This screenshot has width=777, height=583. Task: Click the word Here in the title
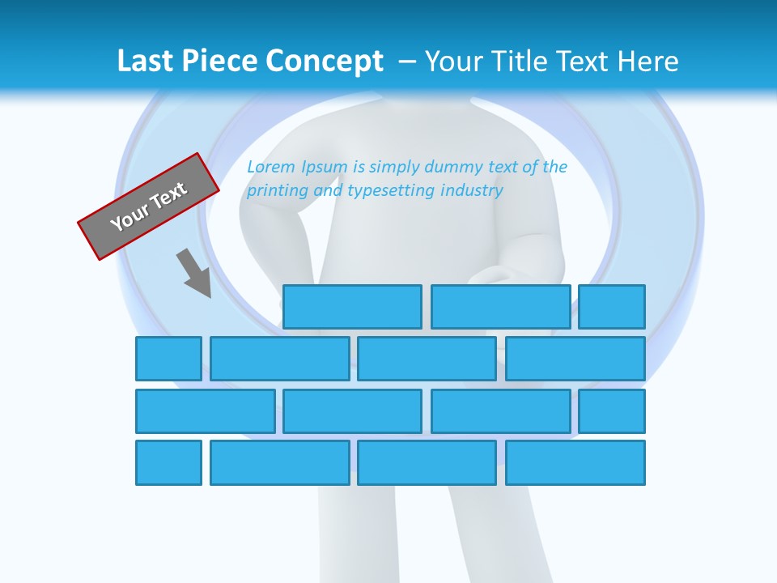pyautogui.click(x=647, y=62)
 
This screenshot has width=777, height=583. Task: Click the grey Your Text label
pyautogui.click(x=149, y=206)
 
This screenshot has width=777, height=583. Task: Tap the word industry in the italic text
pyautogui.click(x=472, y=190)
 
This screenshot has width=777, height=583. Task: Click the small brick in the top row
pyautogui.click(x=612, y=307)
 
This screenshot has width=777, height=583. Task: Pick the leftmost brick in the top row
pyautogui.click(x=352, y=307)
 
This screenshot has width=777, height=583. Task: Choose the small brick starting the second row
pyautogui.click(x=168, y=359)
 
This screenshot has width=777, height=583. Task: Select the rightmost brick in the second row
pyautogui.click(x=575, y=359)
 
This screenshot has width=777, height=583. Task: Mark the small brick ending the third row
pyautogui.click(x=612, y=411)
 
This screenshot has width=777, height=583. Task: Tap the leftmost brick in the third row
pyautogui.click(x=206, y=411)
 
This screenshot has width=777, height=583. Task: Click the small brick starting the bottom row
pyautogui.click(x=168, y=463)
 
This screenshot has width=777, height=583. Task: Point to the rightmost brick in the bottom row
pyautogui.click(x=575, y=463)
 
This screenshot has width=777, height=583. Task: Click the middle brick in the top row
pyautogui.click(x=500, y=307)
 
